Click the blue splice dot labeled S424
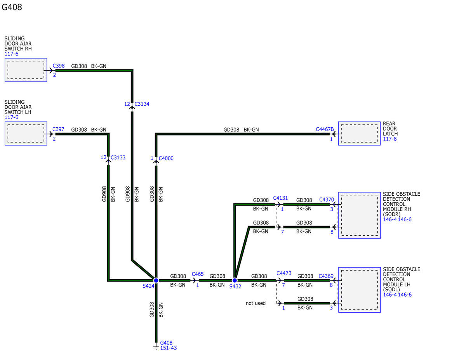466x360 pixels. coord(156,280)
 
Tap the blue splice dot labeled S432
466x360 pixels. coord(235,280)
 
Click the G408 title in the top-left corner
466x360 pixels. coord(12,7)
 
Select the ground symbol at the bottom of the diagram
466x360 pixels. coord(156,347)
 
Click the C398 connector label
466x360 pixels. coord(59,66)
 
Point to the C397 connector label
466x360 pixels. coord(58,129)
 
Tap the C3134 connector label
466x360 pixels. coord(142,104)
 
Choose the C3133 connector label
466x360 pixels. coord(118,157)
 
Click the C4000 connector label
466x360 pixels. coord(166,158)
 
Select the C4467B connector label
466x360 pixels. coord(325,129)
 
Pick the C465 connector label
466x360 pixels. coord(198,274)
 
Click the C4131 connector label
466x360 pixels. coord(280,198)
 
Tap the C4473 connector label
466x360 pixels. coord(284,273)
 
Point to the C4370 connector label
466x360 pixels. coord(327,200)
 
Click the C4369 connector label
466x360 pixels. coord(326,276)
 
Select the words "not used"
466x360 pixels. coord(256,303)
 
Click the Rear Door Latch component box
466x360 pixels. coord(359,133)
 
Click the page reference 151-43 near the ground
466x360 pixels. coord(169,348)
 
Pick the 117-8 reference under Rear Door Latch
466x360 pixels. coord(389,139)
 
